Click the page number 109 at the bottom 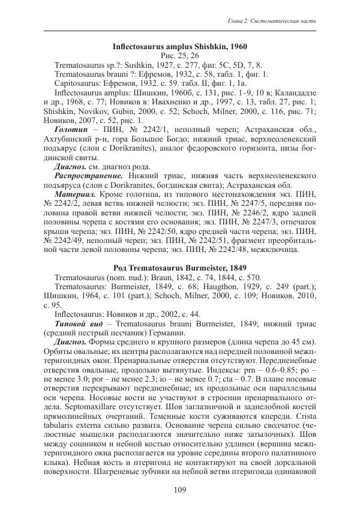(180, 490)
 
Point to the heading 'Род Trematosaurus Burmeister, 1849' (180, 266)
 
